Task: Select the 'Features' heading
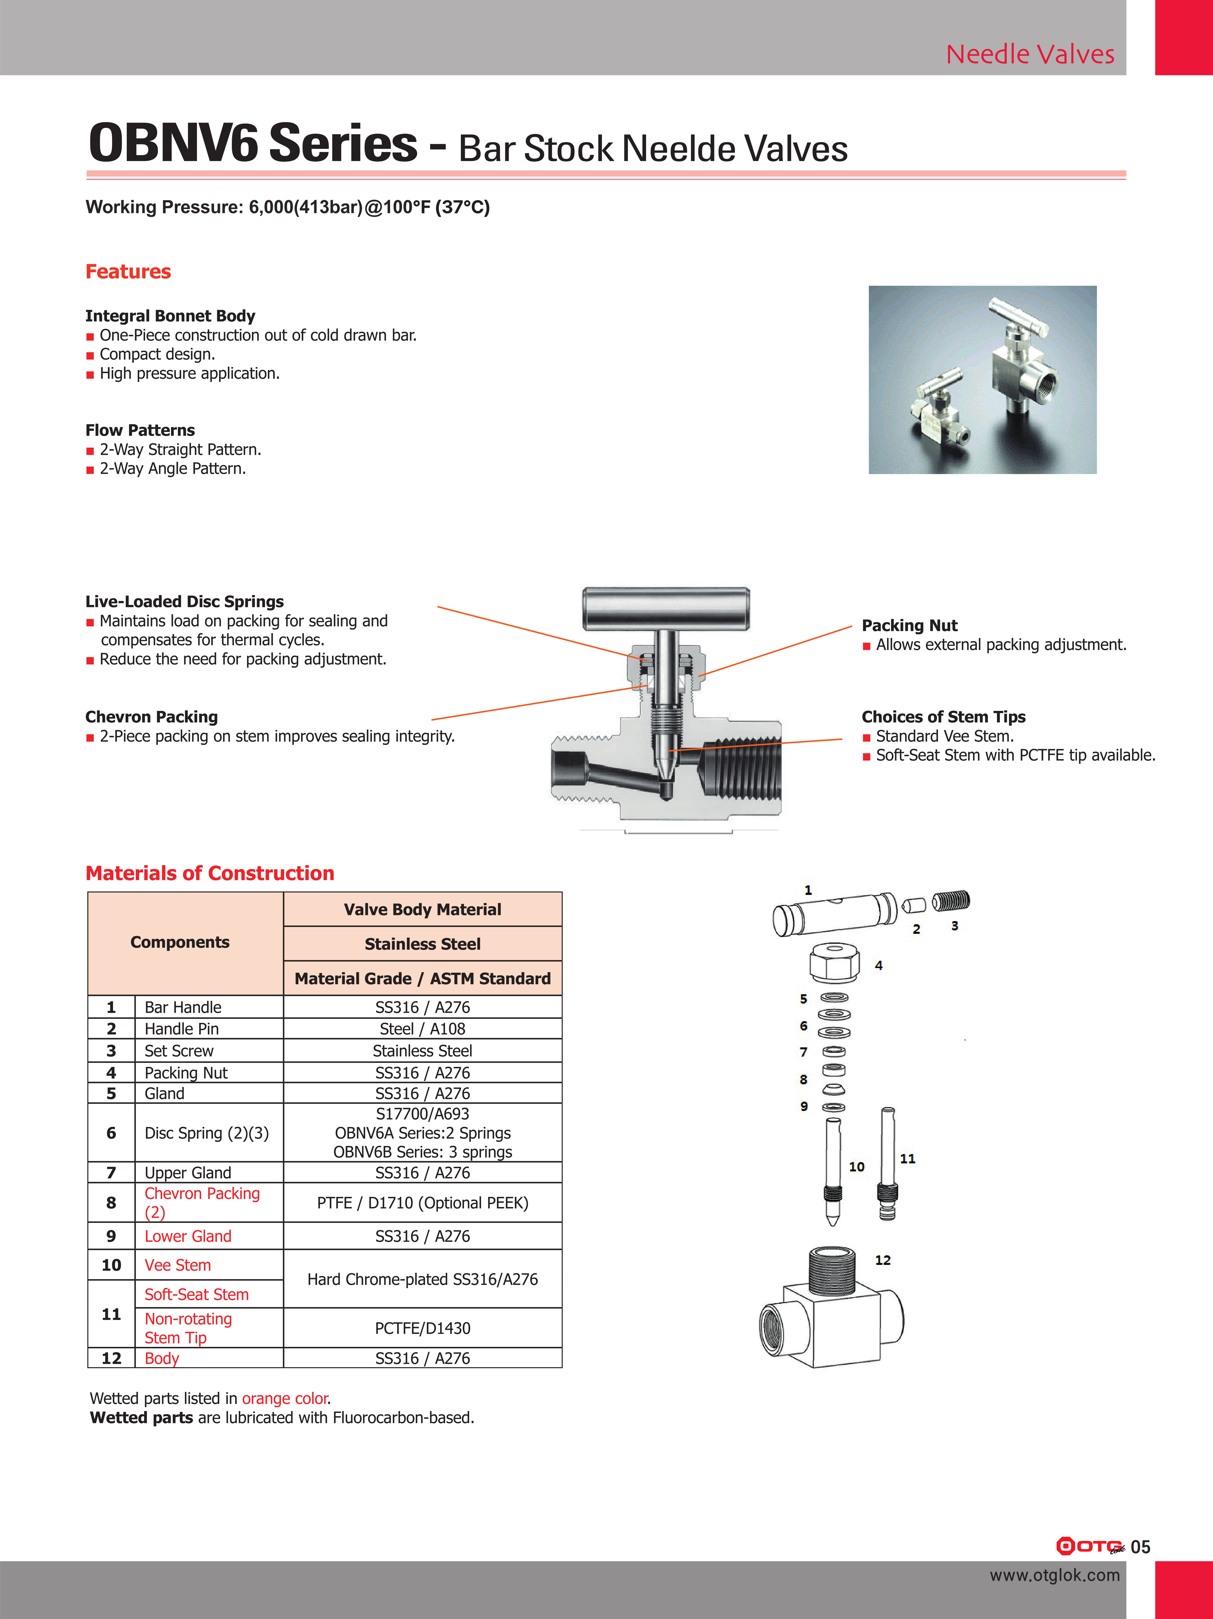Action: pos(128,272)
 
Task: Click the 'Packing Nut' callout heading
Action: pos(909,626)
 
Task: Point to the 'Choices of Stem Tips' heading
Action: pos(943,717)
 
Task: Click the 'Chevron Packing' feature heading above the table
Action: pos(151,717)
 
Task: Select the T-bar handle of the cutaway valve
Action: pos(666,609)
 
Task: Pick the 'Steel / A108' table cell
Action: pos(422,1029)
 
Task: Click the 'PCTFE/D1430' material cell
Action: pos(422,1329)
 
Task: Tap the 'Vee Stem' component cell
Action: pos(178,1265)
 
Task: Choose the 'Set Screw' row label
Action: pos(179,1051)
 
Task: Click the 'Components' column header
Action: pos(180,943)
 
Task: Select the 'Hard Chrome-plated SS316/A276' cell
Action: pos(422,1279)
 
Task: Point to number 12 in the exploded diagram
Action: pos(883,1260)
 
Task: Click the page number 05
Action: pos(1141,1547)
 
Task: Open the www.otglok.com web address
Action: pos(1054,1575)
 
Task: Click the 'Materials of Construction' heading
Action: pos(210,873)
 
